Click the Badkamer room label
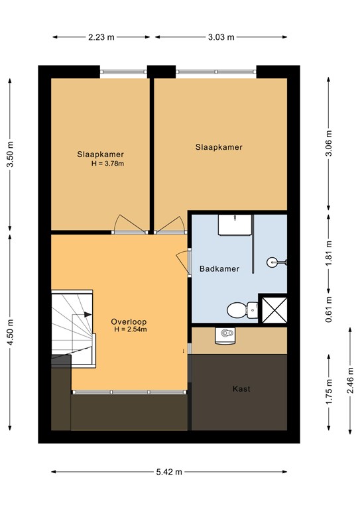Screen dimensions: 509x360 [x=219, y=269]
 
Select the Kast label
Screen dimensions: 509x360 [x=241, y=389]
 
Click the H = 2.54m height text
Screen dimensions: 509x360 [x=130, y=329]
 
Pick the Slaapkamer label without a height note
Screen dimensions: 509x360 [x=218, y=147]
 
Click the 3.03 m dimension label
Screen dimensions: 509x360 [x=221, y=37]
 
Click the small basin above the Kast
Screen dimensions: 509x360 [x=225, y=335]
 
